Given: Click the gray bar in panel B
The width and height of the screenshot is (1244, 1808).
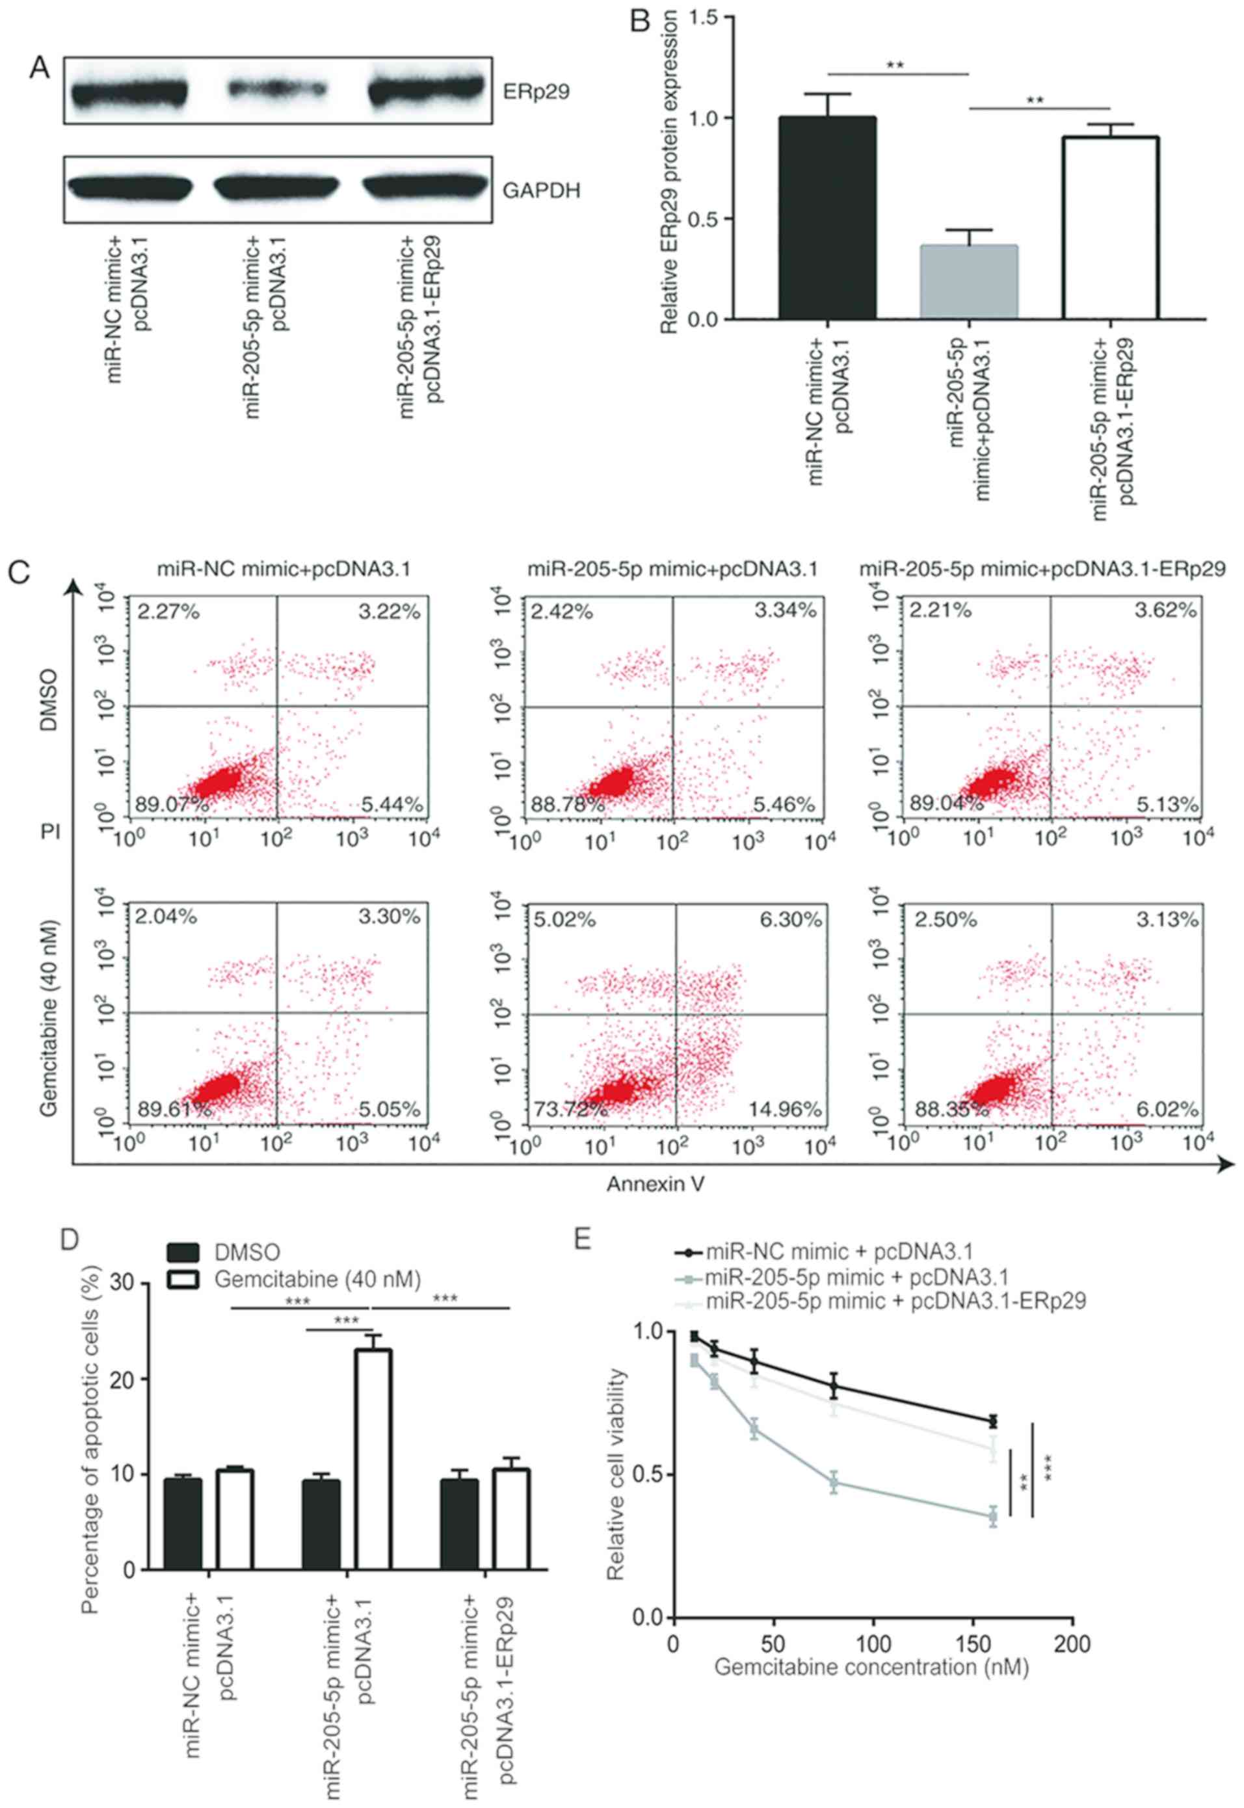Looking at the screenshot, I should (x=969, y=282).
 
